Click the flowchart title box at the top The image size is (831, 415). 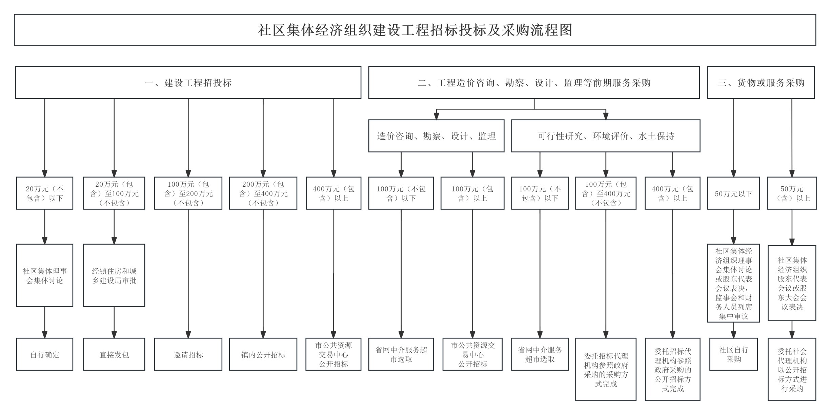tap(415, 30)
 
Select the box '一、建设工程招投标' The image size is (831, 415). tap(188, 83)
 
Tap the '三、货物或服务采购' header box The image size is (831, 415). tap(761, 83)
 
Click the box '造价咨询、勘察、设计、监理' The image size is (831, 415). tap(436, 136)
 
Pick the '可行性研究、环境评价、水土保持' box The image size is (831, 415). tap(606, 136)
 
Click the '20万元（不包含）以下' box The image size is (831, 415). tap(45, 193)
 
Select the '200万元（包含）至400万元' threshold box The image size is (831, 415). tap(263, 193)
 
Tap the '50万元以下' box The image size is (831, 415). tap(733, 193)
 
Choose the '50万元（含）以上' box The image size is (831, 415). tap(792, 193)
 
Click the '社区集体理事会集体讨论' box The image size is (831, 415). tap(45, 275)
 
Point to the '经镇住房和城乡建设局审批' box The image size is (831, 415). tap(114, 275)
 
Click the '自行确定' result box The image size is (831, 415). tap(45, 354)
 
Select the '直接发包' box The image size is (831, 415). tap(114, 354)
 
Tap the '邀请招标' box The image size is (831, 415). tap(188, 354)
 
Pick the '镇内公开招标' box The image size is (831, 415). tap(263, 354)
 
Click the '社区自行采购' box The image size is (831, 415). tap(733, 354)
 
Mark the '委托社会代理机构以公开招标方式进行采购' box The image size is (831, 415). tap(792, 370)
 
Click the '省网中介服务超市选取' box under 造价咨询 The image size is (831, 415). tap(401, 354)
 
